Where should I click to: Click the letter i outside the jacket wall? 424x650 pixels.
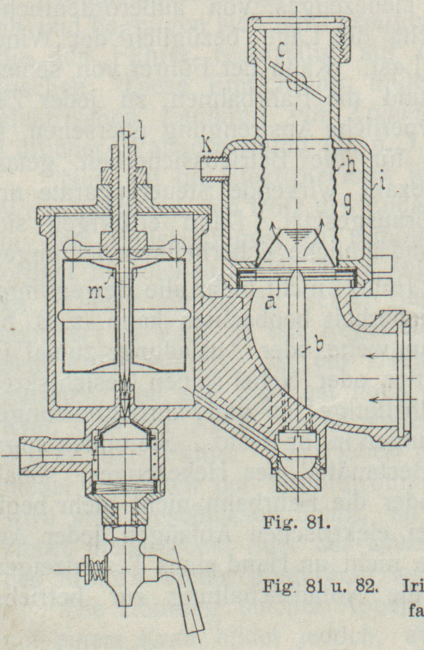coord(381,185)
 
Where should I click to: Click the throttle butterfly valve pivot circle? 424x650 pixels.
coord(296,82)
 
